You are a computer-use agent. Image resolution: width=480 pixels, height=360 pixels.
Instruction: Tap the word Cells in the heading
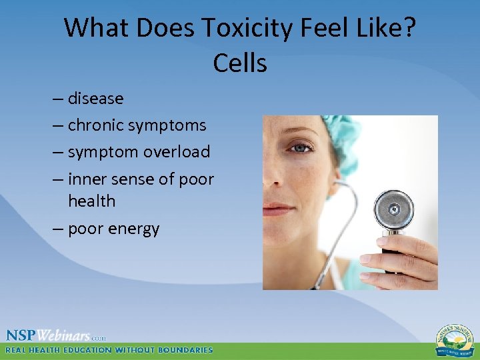coord(240,63)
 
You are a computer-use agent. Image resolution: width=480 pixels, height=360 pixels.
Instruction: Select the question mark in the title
coord(408,28)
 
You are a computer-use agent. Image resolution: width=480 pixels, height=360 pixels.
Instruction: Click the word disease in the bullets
coord(95,99)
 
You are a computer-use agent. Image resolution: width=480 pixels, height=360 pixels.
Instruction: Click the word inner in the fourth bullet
coord(88,179)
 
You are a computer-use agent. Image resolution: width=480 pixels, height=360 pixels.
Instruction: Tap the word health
coord(91,201)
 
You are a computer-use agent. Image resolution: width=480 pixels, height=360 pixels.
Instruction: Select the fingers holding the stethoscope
coord(413,257)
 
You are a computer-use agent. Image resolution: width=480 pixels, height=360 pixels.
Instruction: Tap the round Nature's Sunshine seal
coord(455,340)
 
